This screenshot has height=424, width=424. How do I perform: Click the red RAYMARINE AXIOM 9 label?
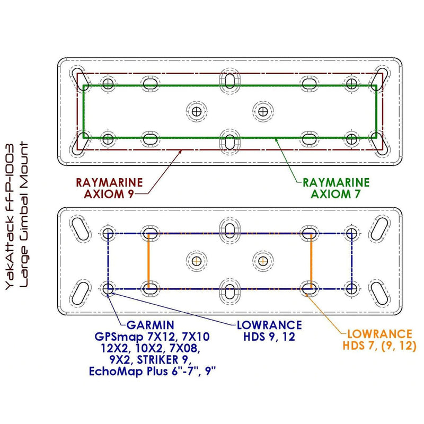tap(109, 188)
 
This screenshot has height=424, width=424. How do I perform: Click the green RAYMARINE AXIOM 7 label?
tap(332, 188)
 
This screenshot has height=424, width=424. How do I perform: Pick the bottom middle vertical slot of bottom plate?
tap(231, 291)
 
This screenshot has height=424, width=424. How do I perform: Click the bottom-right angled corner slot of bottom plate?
tap(380, 292)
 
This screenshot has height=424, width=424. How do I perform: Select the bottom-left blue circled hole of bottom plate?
tap(108, 289)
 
